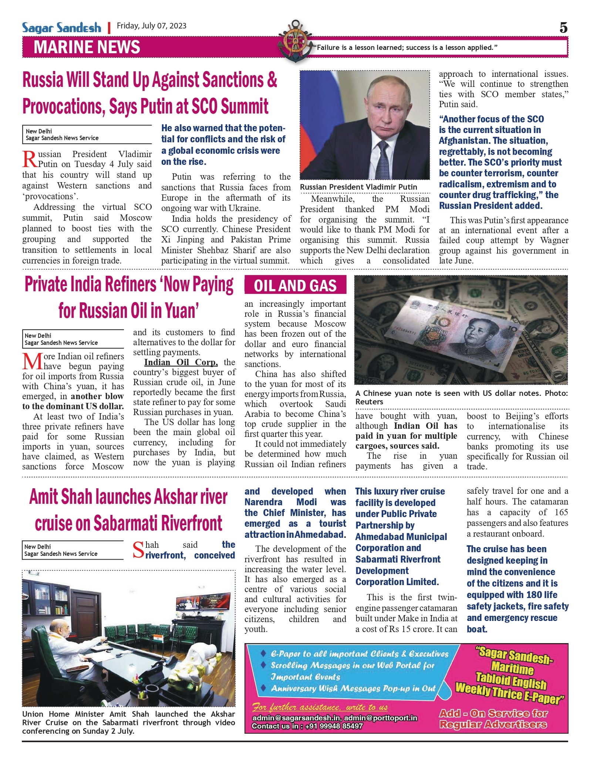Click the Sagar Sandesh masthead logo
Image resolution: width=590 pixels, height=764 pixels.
coord(61,28)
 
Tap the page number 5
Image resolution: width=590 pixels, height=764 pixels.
coord(563,28)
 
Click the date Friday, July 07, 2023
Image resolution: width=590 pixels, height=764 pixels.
coord(152,26)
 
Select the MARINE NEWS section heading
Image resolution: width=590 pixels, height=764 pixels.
coord(87,47)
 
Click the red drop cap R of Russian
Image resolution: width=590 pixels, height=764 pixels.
coord(30,159)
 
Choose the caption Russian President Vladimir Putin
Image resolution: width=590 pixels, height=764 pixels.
coord(358,187)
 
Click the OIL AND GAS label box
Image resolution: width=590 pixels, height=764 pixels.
coord(295,285)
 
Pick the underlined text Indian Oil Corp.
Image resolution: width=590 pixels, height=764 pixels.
coord(181,362)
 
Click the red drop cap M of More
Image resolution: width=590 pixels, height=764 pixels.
coord(32,361)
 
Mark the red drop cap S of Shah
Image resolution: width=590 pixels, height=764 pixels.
coord(138,550)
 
